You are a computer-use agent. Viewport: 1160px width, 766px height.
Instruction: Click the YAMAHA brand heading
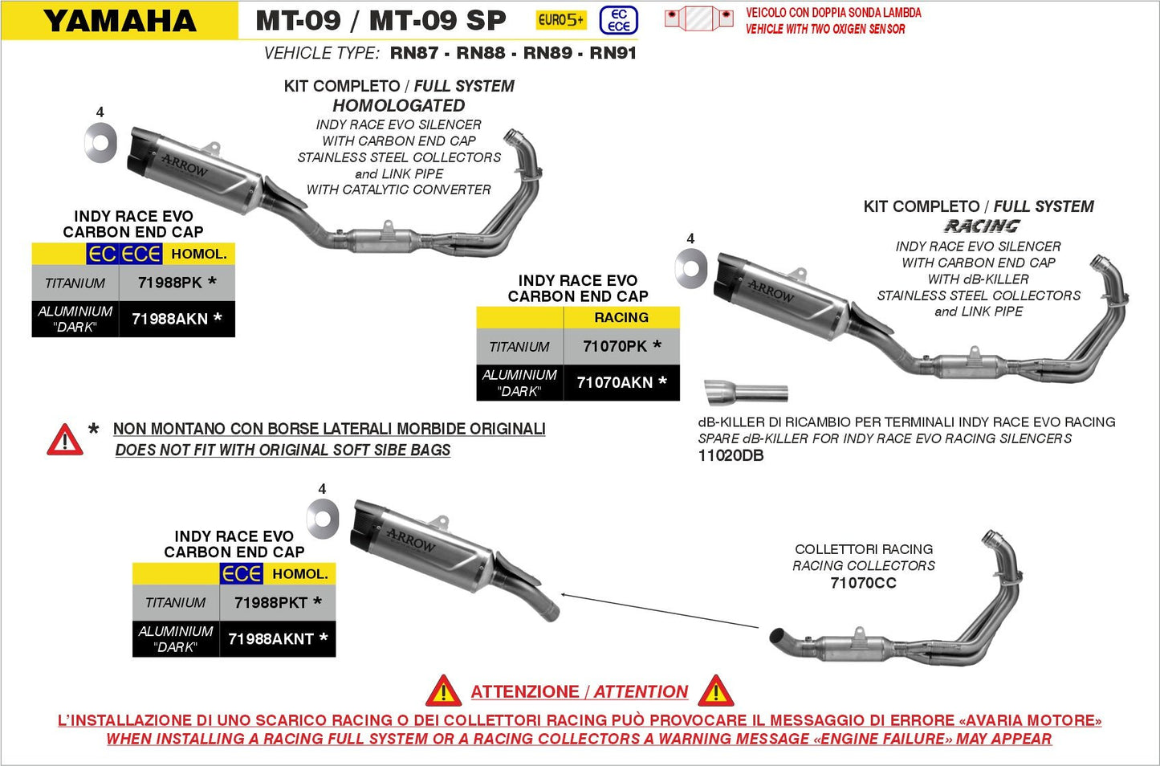[120, 21]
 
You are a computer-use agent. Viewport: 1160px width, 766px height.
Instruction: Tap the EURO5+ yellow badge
[561, 20]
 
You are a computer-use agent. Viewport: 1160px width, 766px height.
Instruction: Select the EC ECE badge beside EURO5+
[618, 20]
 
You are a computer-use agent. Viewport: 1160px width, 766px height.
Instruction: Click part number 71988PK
[170, 283]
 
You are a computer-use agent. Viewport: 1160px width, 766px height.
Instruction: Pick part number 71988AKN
[170, 319]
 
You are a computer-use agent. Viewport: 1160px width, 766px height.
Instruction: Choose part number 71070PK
[615, 346]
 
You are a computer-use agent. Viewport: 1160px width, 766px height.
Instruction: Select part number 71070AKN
[615, 382]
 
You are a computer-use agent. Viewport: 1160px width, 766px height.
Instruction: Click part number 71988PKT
[271, 602]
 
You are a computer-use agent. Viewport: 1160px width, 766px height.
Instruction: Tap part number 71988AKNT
[271, 639]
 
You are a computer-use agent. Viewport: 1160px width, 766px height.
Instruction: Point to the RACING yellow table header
[621, 318]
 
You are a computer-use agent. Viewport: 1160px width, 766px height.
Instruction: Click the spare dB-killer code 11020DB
[731, 456]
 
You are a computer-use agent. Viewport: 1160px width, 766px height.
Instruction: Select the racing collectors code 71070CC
[863, 583]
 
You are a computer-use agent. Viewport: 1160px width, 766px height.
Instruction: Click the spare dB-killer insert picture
[746, 393]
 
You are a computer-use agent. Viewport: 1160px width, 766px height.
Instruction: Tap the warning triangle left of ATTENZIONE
[443, 691]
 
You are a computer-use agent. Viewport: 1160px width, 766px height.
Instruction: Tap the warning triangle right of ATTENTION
[715, 691]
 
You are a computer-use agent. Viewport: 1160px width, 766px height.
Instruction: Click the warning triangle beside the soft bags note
[65, 440]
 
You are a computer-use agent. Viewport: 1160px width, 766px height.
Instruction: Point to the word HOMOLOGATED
[399, 106]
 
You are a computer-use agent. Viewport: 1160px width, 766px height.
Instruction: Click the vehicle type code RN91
[613, 53]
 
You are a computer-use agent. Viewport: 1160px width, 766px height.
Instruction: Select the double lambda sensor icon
[698, 18]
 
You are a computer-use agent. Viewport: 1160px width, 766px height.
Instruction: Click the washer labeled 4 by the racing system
[690, 268]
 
